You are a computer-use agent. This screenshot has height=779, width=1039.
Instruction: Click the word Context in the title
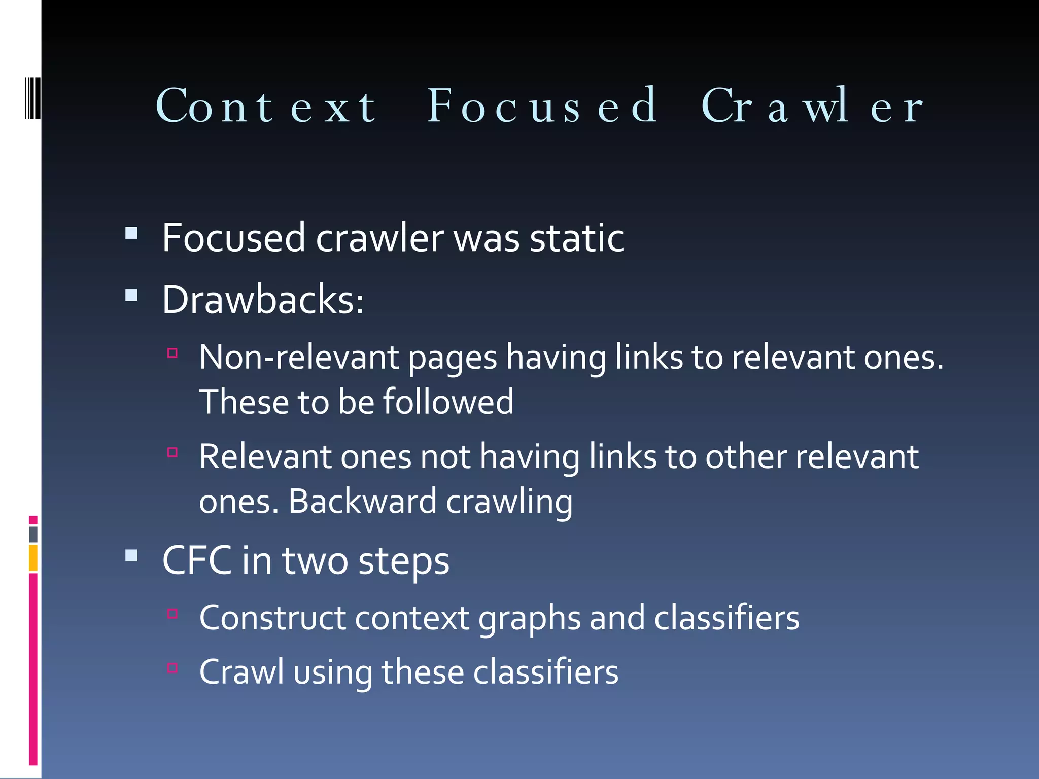pos(266,106)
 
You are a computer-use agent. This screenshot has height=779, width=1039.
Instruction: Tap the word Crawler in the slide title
pos(812,106)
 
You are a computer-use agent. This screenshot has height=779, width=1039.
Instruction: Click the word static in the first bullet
pos(577,238)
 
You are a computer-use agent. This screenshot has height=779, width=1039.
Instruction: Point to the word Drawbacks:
pos(263,300)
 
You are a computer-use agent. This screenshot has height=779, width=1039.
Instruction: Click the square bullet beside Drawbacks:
pos(131,295)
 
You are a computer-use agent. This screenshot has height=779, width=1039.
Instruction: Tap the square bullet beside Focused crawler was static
pos(131,233)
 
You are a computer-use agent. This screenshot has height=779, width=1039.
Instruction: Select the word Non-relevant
pos(299,357)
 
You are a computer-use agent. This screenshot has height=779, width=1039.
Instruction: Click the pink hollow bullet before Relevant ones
pos(172,452)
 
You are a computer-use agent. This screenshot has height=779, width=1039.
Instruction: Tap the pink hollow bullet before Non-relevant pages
pos(172,353)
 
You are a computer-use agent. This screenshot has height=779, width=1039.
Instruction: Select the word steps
pos(404,562)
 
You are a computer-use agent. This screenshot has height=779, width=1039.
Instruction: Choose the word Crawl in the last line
pos(241,672)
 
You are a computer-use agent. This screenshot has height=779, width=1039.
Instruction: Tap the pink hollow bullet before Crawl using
pos(172,667)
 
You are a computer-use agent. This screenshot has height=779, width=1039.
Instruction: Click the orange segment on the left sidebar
pos(33,557)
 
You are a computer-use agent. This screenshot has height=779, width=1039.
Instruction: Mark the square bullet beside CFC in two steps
pos(131,556)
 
